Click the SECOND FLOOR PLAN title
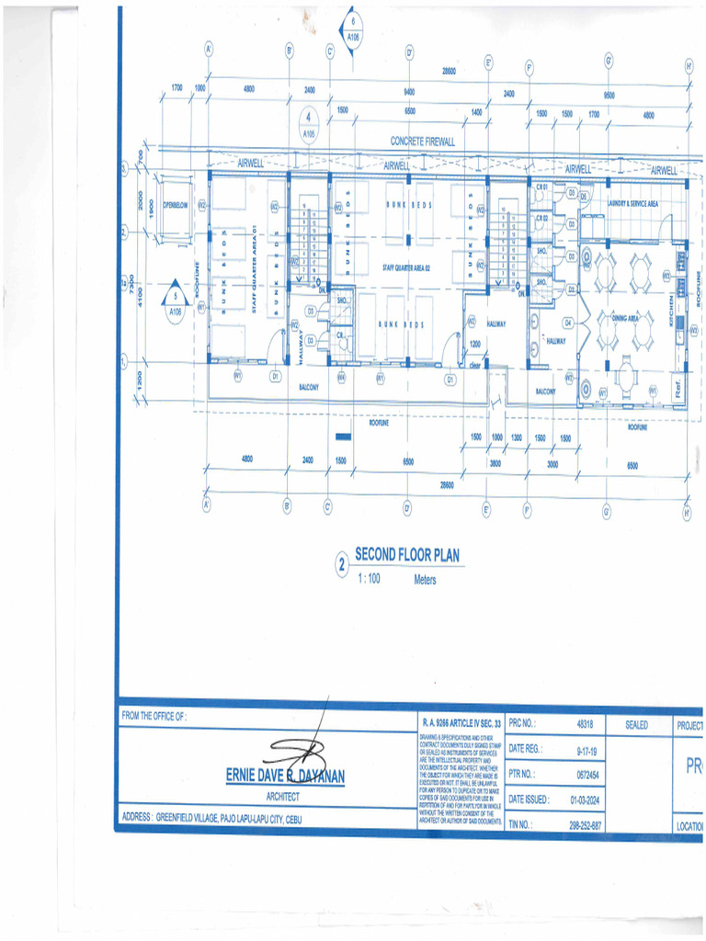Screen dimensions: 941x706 click(x=406, y=555)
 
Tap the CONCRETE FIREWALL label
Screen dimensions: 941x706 click(x=423, y=142)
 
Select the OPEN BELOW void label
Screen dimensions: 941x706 click(x=175, y=205)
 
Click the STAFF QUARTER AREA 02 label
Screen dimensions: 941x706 click(x=407, y=267)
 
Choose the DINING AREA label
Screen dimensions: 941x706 click(x=625, y=317)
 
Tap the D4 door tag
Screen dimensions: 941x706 click(x=568, y=323)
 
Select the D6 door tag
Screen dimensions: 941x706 click(x=583, y=196)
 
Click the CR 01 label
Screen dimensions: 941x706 click(x=541, y=188)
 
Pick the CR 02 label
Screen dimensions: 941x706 click(x=541, y=219)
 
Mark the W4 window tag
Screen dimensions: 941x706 click(x=341, y=376)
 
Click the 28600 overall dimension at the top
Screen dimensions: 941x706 click(x=449, y=71)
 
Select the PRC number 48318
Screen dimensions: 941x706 click(x=585, y=725)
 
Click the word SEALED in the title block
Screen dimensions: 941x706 click(x=636, y=725)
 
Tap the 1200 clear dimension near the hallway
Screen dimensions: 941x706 click(x=475, y=344)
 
